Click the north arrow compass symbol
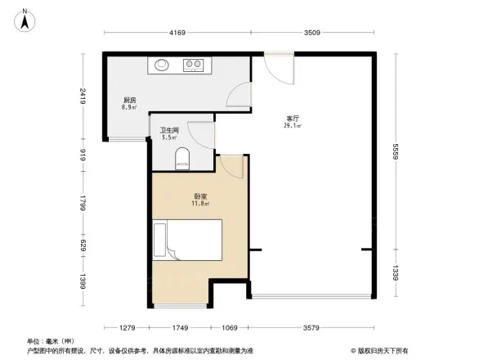click(x=25, y=20)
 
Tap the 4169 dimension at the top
click(x=177, y=33)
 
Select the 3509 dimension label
click(x=313, y=33)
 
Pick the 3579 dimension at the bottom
click(x=313, y=327)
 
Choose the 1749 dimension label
click(x=180, y=327)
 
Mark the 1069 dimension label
click(x=230, y=327)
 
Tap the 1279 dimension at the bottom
click(x=124, y=327)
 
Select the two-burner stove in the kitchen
click(x=194, y=63)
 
